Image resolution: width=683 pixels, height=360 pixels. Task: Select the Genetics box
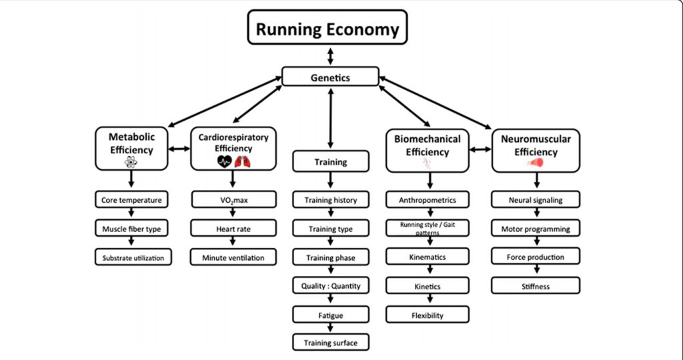330,77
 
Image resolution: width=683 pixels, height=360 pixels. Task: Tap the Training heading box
330,162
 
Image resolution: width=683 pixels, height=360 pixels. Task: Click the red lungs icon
241,161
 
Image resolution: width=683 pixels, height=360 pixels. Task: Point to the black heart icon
224,161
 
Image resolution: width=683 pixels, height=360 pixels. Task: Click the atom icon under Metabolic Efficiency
131,162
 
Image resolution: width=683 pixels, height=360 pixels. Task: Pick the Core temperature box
131,199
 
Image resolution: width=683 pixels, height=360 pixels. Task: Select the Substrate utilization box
132,257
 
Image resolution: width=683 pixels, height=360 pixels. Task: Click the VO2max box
233,199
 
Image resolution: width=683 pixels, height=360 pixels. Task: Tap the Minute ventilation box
233,257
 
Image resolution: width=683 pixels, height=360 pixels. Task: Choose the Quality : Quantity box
330,286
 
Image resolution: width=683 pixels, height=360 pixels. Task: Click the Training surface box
330,343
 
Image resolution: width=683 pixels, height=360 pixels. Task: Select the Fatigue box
330,314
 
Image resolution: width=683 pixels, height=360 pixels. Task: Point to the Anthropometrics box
428,199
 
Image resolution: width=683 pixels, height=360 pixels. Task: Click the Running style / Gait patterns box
428,228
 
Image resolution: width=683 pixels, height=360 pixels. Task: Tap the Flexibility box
428,315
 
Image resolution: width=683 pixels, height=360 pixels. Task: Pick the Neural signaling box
536,199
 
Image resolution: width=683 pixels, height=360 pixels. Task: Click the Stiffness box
536,287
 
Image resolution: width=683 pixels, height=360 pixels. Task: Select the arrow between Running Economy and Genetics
330,55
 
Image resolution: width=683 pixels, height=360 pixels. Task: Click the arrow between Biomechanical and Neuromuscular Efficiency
480,149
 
